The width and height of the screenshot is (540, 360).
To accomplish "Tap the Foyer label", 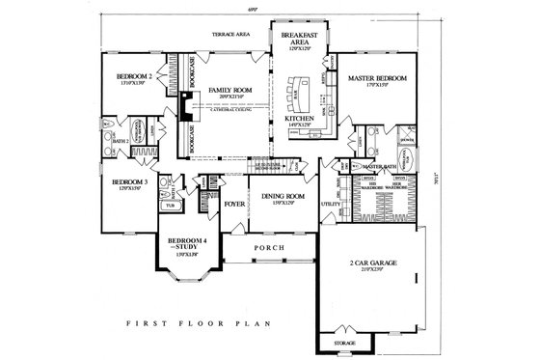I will pyautogui.click(x=234, y=205).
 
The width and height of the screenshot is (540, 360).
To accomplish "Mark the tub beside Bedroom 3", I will pyautogui.click(x=173, y=206).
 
